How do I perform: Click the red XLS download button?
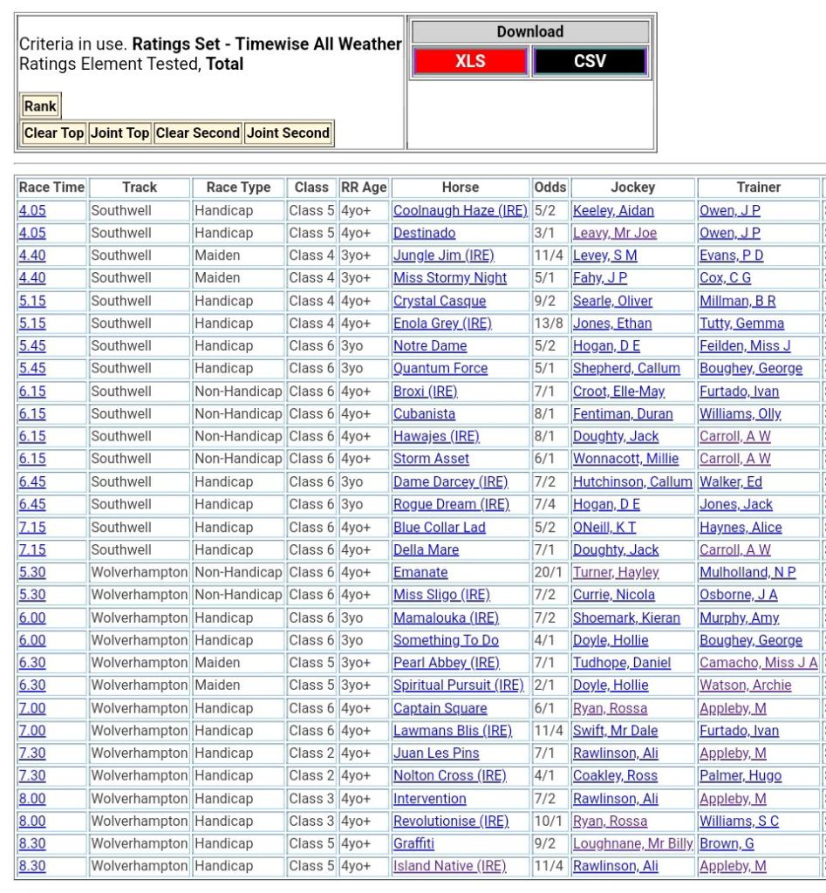pyautogui.click(x=470, y=62)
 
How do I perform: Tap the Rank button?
pyautogui.click(x=40, y=106)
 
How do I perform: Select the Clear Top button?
pyautogui.click(x=54, y=133)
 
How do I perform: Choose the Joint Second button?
pyautogui.click(x=288, y=133)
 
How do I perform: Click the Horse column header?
pyautogui.click(x=461, y=187)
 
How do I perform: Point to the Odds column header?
pyautogui.click(x=550, y=187)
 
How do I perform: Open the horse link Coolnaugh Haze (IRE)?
pyautogui.click(x=460, y=210)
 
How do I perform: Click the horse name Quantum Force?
pyautogui.click(x=440, y=368)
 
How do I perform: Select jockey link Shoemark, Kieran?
pyautogui.click(x=625, y=617)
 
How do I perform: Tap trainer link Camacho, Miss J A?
pyautogui.click(x=758, y=663)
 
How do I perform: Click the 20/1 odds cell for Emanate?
pyautogui.click(x=549, y=572)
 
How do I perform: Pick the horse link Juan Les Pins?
pyautogui.click(x=435, y=753)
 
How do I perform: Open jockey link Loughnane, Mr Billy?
pyautogui.click(x=632, y=843)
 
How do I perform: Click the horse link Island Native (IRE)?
pyautogui.click(x=448, y=866)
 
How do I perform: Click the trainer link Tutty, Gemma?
pyautogui.click(x=741, y=324)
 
